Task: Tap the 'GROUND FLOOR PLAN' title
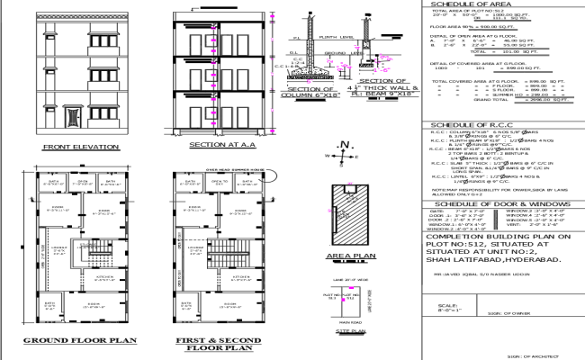coord(78,341)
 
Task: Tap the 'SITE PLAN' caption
coord(334,332)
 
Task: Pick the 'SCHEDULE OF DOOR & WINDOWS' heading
coord(495,205)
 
